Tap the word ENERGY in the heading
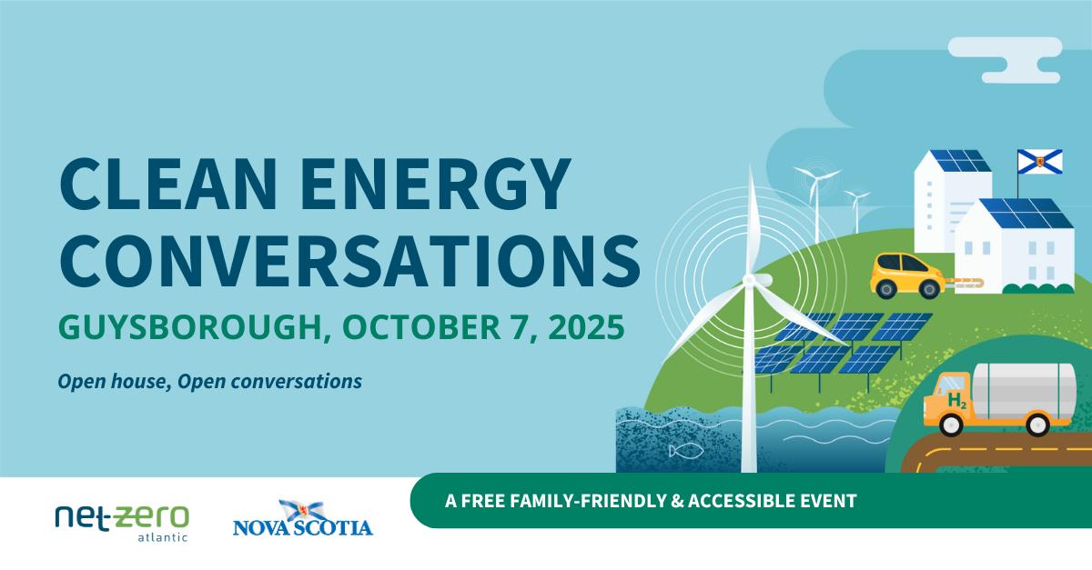coord(436,184)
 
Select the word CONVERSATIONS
coord(350,262)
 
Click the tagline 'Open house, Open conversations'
coord(210,382)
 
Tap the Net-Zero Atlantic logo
coord(122,523)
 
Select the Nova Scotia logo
coord(303,518)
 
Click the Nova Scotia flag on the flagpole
coord(1040,162)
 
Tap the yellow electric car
coord(907,275)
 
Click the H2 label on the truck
coord(957,401)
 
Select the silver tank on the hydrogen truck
coord(1025,391)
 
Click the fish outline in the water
coord(686,451)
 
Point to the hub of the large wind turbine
coord(749,280)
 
